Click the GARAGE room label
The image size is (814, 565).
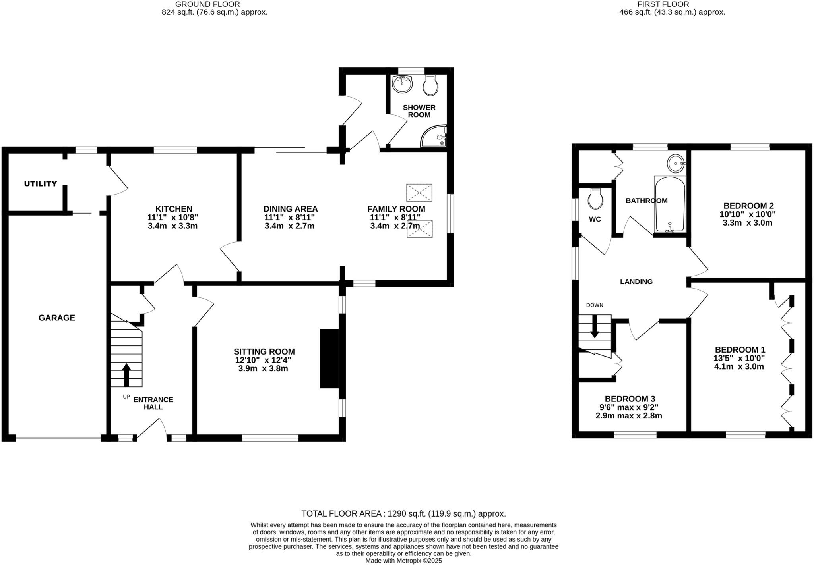tap(56, 318)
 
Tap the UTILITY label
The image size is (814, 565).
tap(41, 184)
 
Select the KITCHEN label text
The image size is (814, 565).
tap(173, 209)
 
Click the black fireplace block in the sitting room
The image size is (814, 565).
tap(329, 358)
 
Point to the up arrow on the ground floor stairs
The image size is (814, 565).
tap(126, 374)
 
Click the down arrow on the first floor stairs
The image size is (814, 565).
tap(595, 327)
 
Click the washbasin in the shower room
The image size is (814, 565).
tap(403, 84)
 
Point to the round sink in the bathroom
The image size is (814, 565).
tap(676, 163)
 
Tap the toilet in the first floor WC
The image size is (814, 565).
tap(595, 199)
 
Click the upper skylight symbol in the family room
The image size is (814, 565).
tap(419, 193)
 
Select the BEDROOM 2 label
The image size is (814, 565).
tap(748, 206)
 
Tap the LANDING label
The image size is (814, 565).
tap(636, 282)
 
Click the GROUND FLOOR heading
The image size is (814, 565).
tap(207, 4)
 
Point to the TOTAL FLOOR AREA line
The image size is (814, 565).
tap(403, 513)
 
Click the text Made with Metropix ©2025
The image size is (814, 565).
tap(403, 561)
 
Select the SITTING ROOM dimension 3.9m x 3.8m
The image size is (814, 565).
tap(263, 368)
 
